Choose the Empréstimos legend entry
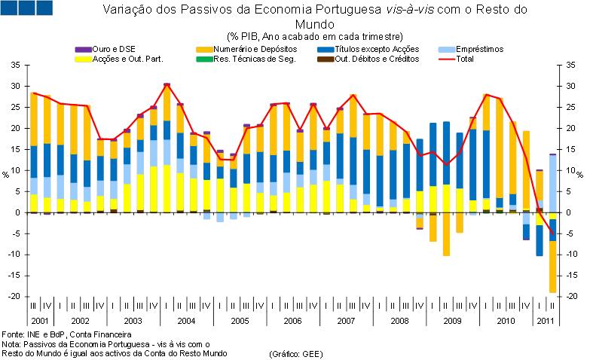point(478,49)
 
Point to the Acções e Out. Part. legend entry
point(127,58)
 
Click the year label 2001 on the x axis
point(41,321)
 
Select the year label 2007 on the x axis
point(346,321)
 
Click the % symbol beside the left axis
point(6,174)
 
